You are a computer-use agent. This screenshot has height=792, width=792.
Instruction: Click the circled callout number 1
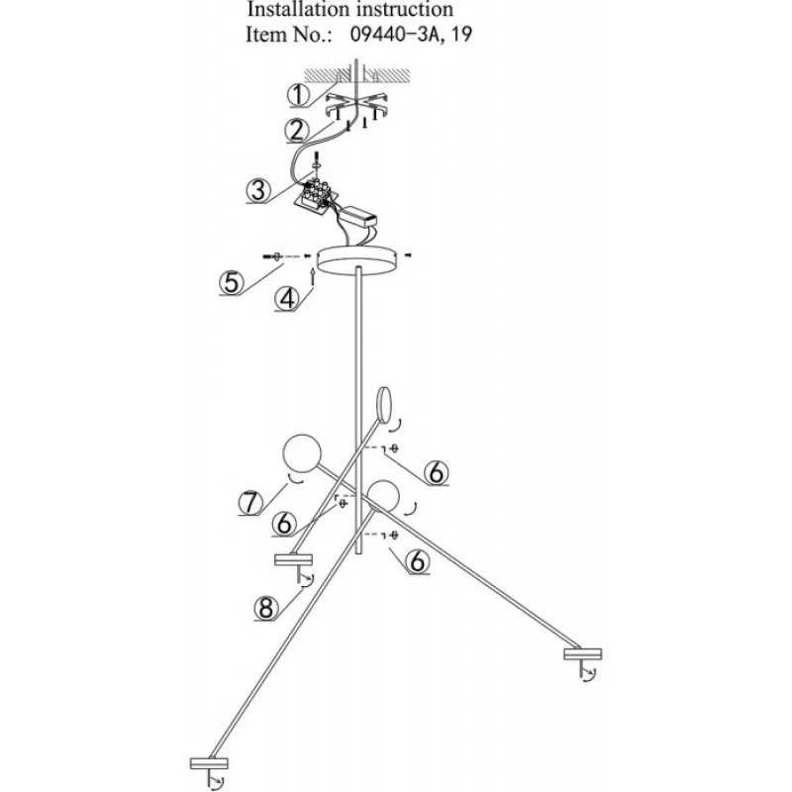coord(299,94)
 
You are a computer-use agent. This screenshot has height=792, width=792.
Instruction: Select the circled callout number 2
coord(296,131)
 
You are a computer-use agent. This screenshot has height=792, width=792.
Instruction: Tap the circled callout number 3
coord(258,191)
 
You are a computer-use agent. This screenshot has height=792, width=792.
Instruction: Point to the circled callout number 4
coord(287,299)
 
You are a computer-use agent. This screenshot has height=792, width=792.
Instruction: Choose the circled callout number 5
coord(232,282)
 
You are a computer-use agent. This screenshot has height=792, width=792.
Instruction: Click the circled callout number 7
coord(250,503)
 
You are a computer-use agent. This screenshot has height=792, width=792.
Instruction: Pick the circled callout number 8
coord(266,608)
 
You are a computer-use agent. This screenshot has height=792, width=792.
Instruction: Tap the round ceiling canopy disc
coord(357,261)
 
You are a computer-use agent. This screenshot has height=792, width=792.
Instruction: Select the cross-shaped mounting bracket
coord(356,105)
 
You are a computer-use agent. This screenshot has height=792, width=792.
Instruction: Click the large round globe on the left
coord(302,453)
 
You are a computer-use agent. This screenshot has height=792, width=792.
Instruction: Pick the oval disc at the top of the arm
coord(384,404)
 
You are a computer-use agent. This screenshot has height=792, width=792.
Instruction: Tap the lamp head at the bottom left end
coord(209,763)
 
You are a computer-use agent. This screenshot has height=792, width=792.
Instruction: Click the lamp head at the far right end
coord(583,654)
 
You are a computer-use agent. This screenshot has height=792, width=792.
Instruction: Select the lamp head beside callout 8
coord(293,559)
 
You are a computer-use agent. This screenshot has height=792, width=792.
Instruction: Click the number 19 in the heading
coord(460,35)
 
